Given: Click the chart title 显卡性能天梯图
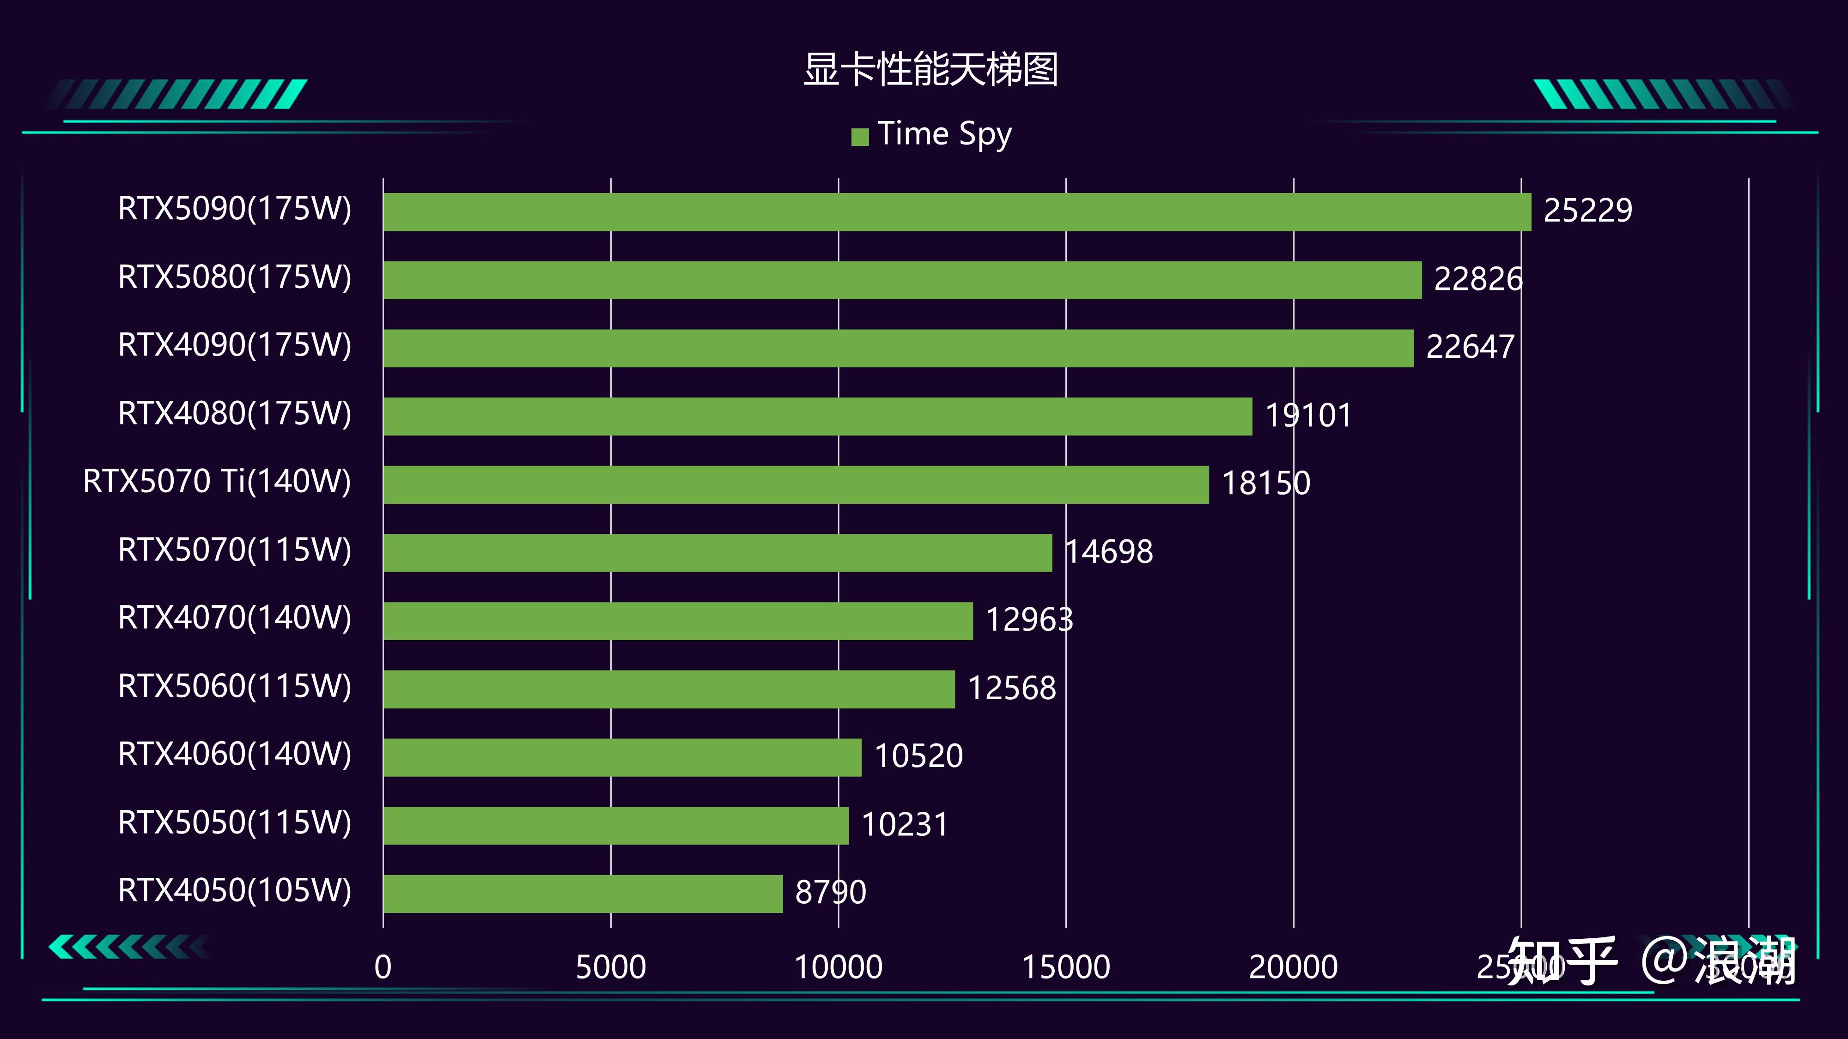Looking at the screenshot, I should pyautogui.click(x=930, y=70).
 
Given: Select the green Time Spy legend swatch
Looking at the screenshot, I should pyautogui.click(x=859, y=136).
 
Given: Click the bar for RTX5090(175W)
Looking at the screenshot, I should pyautogui.click(x=956, y=211).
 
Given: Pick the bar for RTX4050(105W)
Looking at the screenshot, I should pyautogui.click(x=583, y=894).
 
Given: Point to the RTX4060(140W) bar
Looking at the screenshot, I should pyautogui.click(x=622, y=757).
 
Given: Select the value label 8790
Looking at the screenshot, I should pyautogui.click(x=831, y=893).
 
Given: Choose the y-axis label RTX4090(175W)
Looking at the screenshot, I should pyautogui.click(x=235, y=345).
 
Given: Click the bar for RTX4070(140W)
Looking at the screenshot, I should pyautogui.click(x=678, y=621).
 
